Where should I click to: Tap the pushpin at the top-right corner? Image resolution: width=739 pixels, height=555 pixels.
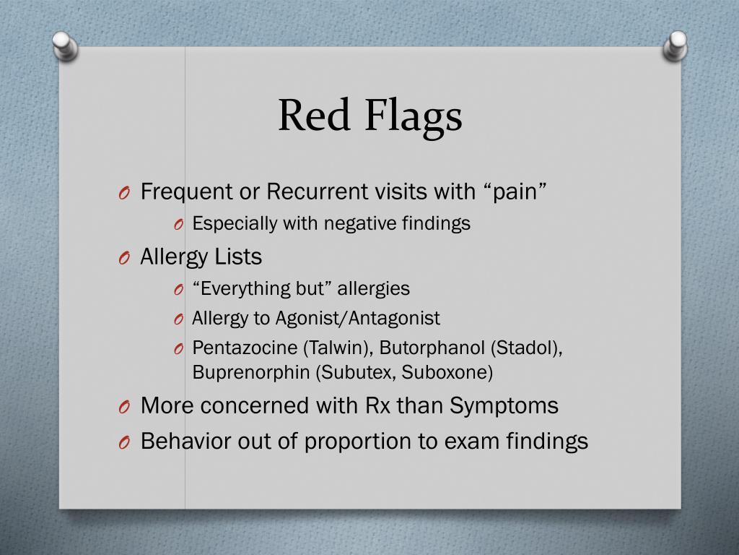(676, 45)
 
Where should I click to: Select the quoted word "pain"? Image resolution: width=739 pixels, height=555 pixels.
(514, 192)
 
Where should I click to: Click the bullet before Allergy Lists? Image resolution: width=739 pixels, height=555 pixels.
(124, 258)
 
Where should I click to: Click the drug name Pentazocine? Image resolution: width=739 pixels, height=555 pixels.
(245, 348)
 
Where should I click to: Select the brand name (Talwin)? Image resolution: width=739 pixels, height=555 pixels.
(337, 348)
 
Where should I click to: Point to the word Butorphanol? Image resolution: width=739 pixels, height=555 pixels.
(432, 348)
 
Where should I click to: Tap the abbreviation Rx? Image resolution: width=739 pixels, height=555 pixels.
(375, 406)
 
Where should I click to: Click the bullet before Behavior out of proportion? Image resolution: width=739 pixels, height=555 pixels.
(124, 442)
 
